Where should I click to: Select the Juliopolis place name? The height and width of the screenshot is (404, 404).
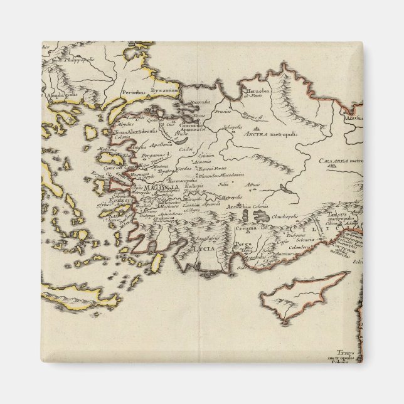coord(232,126)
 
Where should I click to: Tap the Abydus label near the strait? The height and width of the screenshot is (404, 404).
coord(120,124)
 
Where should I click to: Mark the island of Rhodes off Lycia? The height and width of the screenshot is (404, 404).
coord(157,262)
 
